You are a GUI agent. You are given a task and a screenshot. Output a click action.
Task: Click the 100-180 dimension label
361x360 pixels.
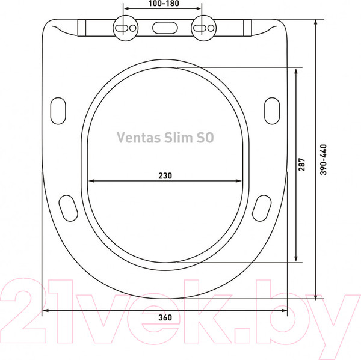point(162,4)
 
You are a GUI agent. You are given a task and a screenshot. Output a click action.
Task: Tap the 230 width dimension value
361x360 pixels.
point(165,175)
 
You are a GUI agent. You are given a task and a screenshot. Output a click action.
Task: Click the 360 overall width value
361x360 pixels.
point(165,318)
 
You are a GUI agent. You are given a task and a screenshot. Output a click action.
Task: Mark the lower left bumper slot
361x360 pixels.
point(67,207)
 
